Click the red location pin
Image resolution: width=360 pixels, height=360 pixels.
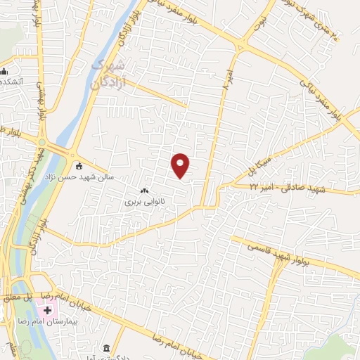(x=181, y=165)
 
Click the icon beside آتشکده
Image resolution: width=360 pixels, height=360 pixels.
(x=4, y=71)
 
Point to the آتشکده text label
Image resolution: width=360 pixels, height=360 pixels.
(x=13, y=82)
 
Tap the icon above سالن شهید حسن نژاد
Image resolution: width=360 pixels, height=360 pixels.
(x=79, y=167)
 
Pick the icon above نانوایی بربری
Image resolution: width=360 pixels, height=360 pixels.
(x=145, y=191)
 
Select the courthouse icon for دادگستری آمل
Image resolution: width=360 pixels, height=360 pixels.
(x=106, y=348)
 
